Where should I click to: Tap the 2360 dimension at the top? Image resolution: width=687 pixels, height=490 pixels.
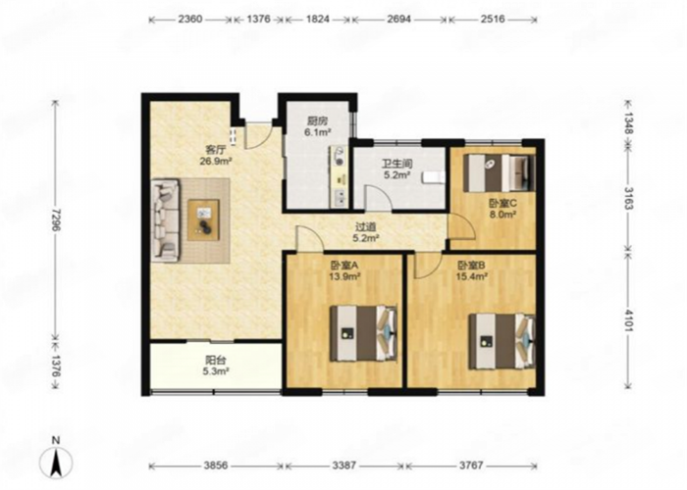[190, 20]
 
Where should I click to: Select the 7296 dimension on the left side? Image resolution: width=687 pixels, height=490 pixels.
[55, 220]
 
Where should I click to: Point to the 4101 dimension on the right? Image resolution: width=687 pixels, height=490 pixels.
[628, 320]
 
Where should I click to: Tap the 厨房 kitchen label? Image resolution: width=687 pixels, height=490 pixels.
[318, 122]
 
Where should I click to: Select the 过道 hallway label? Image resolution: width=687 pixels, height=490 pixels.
[365, 227]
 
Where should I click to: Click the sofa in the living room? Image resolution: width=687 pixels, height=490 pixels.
[166, 220]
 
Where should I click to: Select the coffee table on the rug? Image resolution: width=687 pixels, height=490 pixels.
[203, 220]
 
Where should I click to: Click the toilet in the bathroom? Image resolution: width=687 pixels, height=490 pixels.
[434, 177]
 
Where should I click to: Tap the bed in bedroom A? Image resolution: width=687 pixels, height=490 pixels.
[364, 333]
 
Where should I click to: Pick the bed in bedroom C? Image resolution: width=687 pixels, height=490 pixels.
[500, 172]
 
